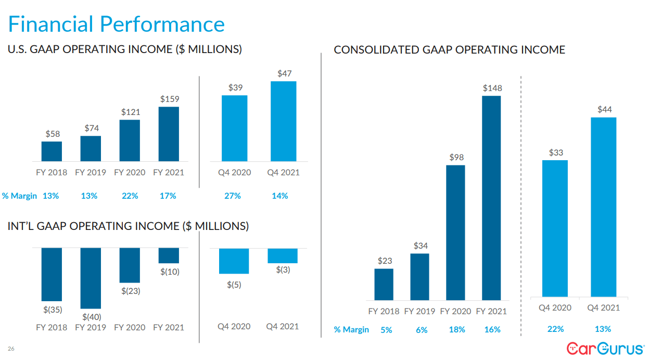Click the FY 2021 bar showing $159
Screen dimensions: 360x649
pos(169,134)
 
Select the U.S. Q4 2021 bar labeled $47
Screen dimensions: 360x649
pos(284,121)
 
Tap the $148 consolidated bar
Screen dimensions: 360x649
pos(492,198)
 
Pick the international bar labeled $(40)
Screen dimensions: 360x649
pos(91,278)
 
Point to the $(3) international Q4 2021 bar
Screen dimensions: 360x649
pos(283,255)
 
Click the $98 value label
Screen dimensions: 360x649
pos(456,157)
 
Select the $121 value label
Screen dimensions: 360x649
pos(130,112)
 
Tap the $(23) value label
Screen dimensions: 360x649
pos(131,291)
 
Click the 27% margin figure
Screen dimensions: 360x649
pos(233,196)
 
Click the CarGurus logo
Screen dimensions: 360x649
pos(605,348)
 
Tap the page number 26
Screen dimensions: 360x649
pos(11,349)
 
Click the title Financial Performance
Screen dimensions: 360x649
pos(117,24)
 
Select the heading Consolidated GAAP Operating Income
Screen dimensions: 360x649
pos(449,50)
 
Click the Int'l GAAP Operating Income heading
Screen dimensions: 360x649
pos(128,226)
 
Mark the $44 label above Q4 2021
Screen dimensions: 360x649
pos(604,109)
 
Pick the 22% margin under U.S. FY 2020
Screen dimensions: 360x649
pos(130,196)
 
